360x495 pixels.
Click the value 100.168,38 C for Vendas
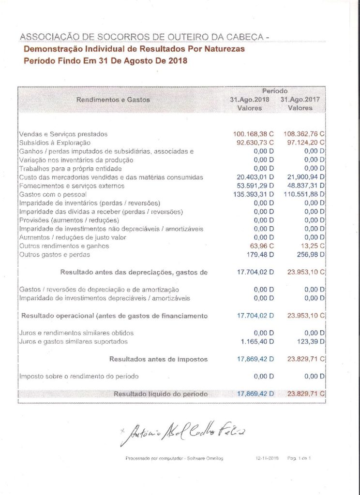[253, 134]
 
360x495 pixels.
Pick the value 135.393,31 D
[253, 194]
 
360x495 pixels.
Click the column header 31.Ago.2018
[249, 100]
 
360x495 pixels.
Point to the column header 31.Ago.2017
[300, 100]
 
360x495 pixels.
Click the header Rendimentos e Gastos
[113, 100]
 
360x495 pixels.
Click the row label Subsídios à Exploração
[55, 143]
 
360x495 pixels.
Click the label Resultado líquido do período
[161, 394]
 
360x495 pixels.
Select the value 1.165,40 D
[257, 342]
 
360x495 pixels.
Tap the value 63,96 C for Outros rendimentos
[263, 246]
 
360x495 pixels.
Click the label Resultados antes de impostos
[158, 359]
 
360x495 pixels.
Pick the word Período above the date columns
[275, 91]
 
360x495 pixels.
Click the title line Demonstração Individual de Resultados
[135, 49]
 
